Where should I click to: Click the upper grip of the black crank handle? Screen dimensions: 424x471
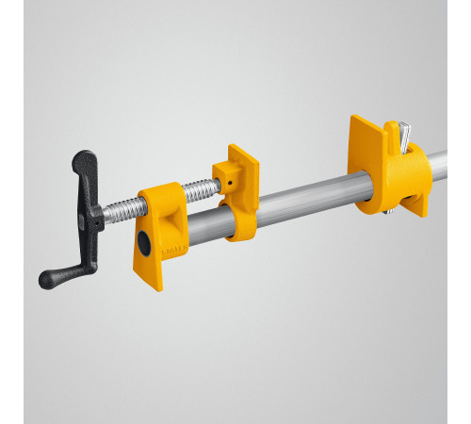[84, 168]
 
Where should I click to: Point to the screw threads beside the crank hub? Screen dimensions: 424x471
[118, 211]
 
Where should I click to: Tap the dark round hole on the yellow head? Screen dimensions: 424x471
[143, 243]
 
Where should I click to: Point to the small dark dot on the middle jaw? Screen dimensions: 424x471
[228, 177]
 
